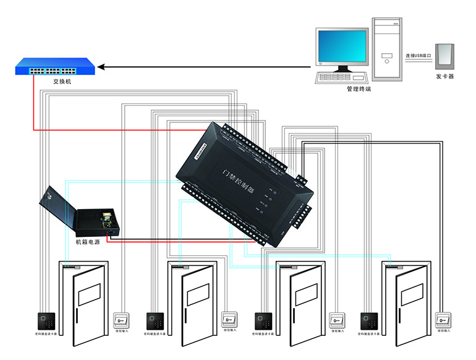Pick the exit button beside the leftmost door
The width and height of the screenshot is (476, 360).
click(x=121, y=319)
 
